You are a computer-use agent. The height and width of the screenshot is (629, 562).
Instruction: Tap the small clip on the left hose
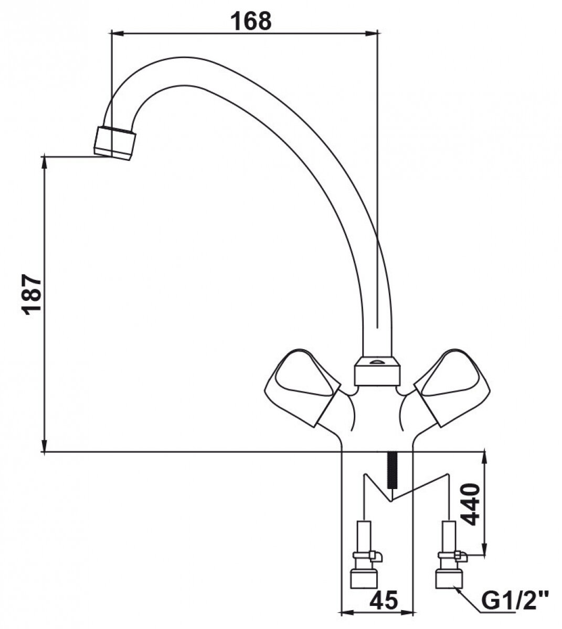[376, 555]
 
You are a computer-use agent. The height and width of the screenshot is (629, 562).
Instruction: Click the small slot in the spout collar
[377, 362]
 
